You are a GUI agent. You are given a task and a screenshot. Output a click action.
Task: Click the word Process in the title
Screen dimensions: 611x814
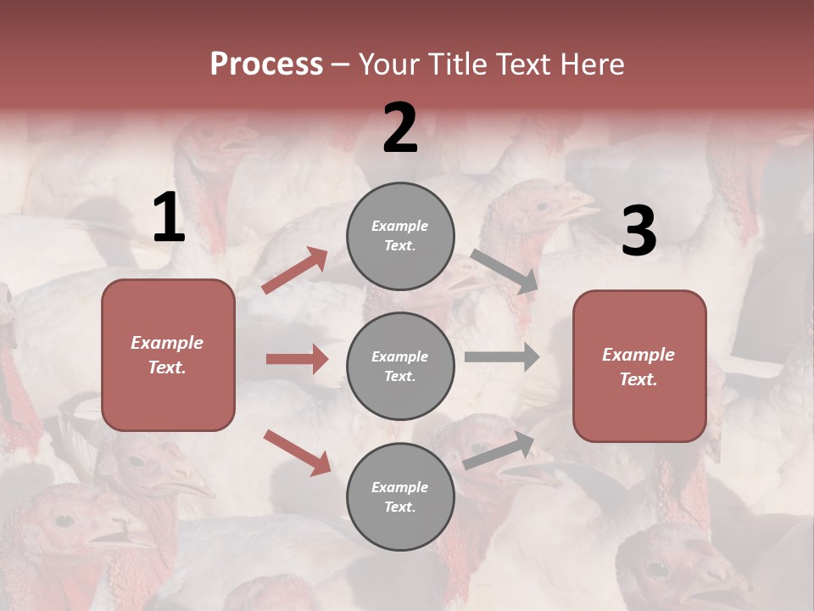[x=266, y=64]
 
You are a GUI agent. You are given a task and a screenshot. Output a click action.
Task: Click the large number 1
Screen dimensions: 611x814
[x=169, y=219]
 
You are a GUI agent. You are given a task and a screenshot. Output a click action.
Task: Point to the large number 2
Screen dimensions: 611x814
[x=400, y=128]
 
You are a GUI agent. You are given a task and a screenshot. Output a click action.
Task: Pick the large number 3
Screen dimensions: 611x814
[x=638, y=231]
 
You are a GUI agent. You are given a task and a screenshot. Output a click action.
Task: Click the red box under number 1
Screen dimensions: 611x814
[x=168, y=355]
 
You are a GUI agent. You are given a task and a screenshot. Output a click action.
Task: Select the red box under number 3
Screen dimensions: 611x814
[x=639, y=367]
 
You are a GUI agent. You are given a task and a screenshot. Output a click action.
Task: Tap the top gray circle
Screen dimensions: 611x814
[x=400, y=236]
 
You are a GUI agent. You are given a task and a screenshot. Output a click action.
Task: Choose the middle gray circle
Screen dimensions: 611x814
[x=400, y=367]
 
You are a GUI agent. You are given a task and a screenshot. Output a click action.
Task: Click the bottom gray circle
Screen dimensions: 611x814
[x=400, y=497]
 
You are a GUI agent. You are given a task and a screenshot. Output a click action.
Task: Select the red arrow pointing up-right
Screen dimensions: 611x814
[x=295, y=270]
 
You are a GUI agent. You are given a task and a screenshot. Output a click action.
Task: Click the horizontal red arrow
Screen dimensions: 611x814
[x=297, y=359]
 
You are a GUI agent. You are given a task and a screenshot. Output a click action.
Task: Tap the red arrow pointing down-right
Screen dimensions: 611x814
[x=297, y=452]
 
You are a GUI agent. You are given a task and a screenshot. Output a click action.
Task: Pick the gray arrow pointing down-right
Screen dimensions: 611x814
[x=505, y=271]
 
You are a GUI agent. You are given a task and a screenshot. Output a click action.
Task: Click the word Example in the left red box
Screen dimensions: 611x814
[x=167, y=343]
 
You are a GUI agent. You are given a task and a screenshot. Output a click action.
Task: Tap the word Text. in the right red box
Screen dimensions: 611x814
[x=638, y=379]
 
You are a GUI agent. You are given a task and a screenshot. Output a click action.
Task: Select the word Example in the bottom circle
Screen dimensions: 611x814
[x=400, y=487]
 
